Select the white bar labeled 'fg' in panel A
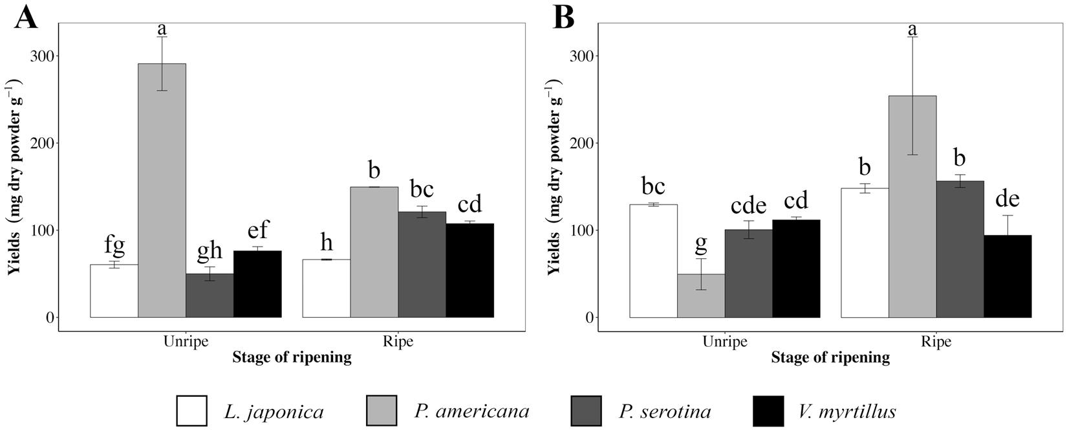tap(114, 291)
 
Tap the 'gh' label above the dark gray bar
tap(209, 252)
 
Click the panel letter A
tap(26, 17)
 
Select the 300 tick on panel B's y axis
tap(583, 56)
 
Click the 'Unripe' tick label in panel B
tap(725, 342)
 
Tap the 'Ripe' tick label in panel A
tap(398, 342)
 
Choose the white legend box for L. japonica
tap(191, 411)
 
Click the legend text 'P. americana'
tap(472, 411)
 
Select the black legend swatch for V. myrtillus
tap(768, 411)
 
